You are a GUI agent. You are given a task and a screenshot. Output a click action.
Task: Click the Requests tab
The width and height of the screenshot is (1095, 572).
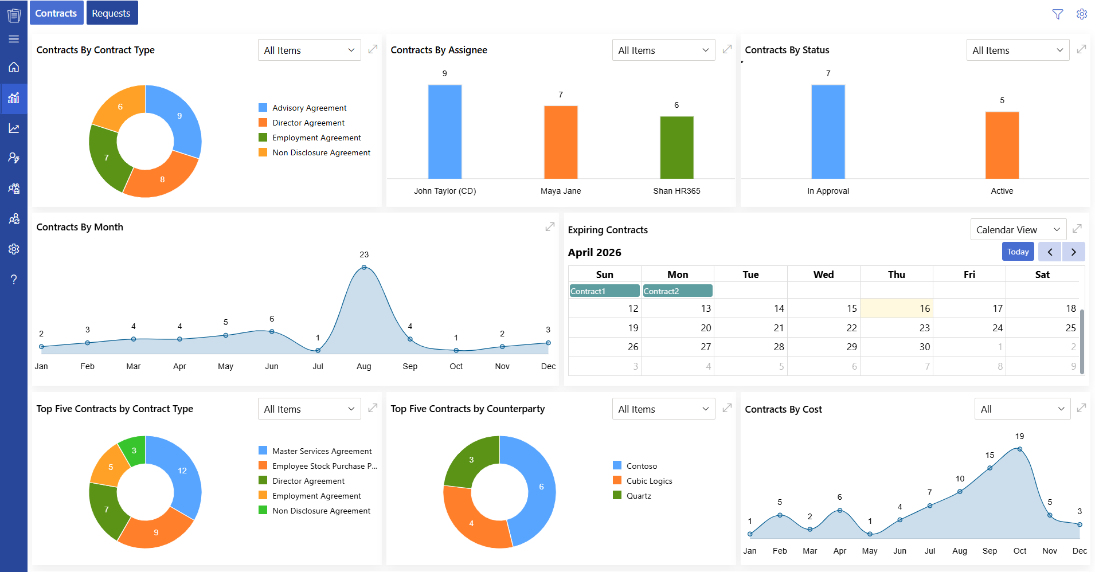coord(112,13)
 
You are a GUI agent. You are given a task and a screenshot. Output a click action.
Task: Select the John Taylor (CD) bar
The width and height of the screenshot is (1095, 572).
coord(444,132)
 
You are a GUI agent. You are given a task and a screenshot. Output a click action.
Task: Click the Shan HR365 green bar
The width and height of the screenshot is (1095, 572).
coord(676,147)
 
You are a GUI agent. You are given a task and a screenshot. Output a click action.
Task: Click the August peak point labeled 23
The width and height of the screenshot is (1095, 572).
coord(364,268)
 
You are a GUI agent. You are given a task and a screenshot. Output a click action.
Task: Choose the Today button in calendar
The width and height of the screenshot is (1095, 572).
coord(1018,252)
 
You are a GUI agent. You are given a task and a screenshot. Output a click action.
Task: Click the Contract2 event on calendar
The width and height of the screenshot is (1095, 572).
coord(677,291)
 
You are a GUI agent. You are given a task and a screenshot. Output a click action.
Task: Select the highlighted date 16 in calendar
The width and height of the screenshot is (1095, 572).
coord(896,308)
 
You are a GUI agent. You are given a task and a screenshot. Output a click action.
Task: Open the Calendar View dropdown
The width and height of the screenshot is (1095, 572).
coord(1018,230)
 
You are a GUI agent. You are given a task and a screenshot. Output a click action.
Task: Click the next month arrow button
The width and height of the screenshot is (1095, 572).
coord(1073,252)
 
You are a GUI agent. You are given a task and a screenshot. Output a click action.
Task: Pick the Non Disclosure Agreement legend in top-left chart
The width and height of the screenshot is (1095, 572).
coord(321,152)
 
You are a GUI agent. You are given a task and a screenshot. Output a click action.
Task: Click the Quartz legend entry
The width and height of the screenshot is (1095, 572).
coord(638,496)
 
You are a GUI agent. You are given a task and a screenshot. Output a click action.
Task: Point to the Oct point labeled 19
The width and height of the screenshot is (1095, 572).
coord(1019,449)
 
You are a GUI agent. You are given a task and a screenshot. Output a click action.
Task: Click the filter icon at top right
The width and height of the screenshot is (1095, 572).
coord(1058,14)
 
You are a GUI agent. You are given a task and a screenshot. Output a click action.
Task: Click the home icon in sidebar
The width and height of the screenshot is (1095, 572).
coord(14,67)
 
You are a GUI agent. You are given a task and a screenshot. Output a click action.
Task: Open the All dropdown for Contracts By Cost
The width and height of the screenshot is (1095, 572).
coord(1022,409)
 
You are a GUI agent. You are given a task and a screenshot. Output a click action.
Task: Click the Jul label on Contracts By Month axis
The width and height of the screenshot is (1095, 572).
coord(318,366)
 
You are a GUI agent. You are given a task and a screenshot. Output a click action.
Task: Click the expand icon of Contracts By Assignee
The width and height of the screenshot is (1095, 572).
coord(727,49)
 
